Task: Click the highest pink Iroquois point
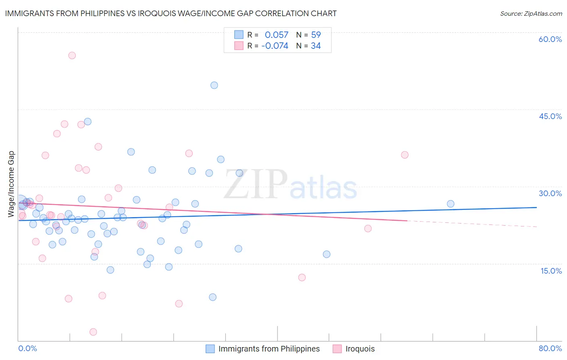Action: click(x=72, y=55)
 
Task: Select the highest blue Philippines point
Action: click(x=214, y=85)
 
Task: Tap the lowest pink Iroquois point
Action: click(x=93, y=332)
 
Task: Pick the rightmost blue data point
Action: click(x=450, y=204)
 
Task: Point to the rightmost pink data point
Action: click(x=404, y=155)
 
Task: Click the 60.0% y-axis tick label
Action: click(x=550, y=39)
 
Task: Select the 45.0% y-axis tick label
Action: click(x=550, y=116)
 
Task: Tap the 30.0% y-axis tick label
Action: click(x=550, y=193)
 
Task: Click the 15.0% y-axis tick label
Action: click(x=551, y=271)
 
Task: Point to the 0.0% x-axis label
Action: click(x=27, y=348)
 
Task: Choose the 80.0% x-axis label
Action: click(x=550, y=348)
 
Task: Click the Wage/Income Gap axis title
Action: click(x=11, y=184)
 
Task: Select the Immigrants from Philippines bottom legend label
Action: click(x=269, y=349)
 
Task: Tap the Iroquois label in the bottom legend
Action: click(x=360, y=349)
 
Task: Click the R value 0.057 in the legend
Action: click(x=277, y=35)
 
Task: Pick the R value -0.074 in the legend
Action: click(x=275, y=46)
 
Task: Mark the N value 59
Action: click(x=316, y=35)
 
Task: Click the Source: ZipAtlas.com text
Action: click(x=531, y=13)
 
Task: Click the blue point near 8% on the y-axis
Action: click(x=213, y=297)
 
